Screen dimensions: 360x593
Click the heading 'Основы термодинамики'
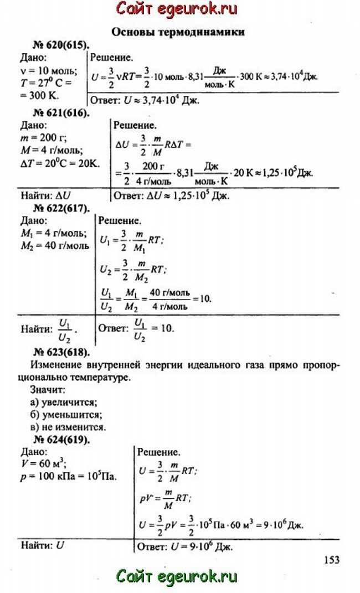(x=178, y=32)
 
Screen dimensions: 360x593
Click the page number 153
(x=331, y=560)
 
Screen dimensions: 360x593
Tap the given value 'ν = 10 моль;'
(x=48, y=70)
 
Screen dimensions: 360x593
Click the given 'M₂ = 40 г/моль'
(x=54, y=246)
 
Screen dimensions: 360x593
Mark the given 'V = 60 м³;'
(x=45, y=465)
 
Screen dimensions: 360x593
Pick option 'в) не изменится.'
(x=68, y=427)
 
